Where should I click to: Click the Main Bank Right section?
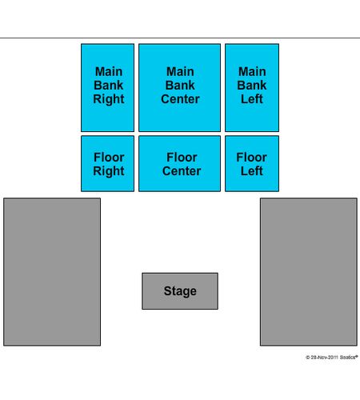click(107, 88)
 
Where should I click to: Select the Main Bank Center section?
click(179, 88)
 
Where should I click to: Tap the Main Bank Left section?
click(252, 88)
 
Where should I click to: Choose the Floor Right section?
click(107, 163)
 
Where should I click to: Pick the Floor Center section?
click(179, 163)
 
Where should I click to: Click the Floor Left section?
click(252, 163)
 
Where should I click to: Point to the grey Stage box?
click(180, 291)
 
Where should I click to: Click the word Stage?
click(180, 291)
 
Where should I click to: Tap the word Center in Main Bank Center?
click(180, 99)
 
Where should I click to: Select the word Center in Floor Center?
click(182, 171)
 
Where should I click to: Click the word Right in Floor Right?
click(109, 171)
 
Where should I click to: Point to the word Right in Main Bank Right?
click(109, 99)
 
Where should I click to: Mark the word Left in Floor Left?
click(252, 171)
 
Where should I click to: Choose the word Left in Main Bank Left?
click(252, 99)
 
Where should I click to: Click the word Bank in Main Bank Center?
click(180, 86)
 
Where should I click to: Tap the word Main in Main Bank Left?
click(252, 71)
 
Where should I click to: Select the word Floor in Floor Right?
click(109, 158)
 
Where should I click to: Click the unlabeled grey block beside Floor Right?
click(52, 272)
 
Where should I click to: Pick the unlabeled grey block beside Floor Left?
click(309, 272)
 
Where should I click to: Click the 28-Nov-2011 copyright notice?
click(331, 357)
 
